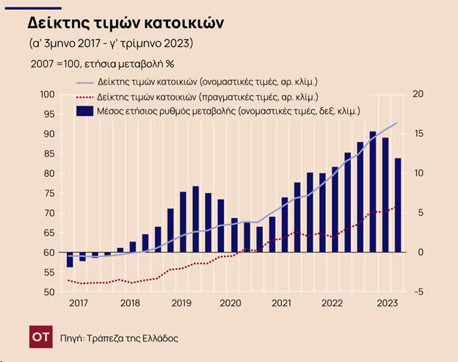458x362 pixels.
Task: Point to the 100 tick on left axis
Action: click(47, 94)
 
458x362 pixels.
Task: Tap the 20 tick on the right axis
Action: click(419, 94)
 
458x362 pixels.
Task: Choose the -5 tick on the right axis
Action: click(418, 292)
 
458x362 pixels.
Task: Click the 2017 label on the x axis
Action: click(78, 303)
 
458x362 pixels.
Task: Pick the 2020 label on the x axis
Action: click(230, 303)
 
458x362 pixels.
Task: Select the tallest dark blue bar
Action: click(373, 192)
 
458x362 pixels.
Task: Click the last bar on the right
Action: click(398, 205)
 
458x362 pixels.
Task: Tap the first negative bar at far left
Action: click(69, 259)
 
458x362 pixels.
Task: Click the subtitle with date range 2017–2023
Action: click(111, 43)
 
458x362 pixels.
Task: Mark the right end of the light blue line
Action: click(397, 123)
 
